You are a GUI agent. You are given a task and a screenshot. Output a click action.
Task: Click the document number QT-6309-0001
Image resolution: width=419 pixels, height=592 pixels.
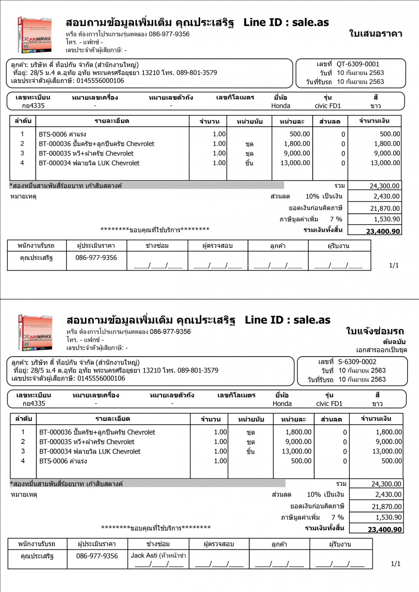pyautogui.click(x=358, y=64)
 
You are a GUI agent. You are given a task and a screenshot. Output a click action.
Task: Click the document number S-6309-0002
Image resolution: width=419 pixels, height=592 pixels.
pyautogui.click(x=358, y=361)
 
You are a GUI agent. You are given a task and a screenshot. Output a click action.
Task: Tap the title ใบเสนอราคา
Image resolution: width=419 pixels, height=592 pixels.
pyautogui.click(x=375, y=34)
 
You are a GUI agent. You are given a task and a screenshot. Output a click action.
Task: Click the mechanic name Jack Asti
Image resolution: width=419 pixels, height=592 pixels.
pyautogui.click(x=144, y=555)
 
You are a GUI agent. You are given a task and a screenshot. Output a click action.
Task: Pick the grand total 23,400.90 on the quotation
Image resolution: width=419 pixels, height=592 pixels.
pyautogui.click(x=383, y=231)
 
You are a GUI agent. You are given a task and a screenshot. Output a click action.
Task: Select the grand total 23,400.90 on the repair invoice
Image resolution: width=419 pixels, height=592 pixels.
pyautogui.click(x=385, y=529)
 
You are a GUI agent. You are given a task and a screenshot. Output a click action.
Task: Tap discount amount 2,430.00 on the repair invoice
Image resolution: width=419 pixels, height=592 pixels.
pyautogui.click(x=388, y=494)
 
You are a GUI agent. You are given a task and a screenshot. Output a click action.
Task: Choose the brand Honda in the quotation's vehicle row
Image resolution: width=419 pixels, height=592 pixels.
pyautogui.click(x=281, y=106)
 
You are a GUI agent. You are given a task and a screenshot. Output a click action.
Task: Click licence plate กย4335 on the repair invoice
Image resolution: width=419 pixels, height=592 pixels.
pyautogui.click(x=34, y=404)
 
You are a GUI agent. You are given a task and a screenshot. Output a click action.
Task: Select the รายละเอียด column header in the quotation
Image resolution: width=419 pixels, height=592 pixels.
pyautogui.click(x=112, y=121)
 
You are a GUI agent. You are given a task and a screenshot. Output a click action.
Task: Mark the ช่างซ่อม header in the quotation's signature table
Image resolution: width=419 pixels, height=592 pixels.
pyautogui.click(x=157, y=245)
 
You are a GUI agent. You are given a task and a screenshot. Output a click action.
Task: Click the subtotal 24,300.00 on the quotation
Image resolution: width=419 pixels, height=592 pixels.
pyautogui.click(x=385, y=186)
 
